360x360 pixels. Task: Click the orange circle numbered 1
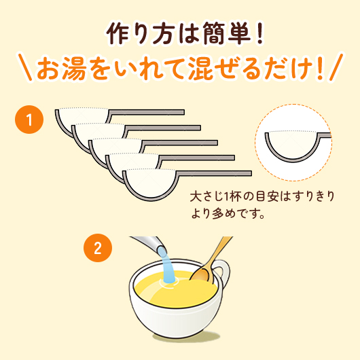pos(29,121)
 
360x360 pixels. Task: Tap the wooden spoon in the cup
pos(208,266)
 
